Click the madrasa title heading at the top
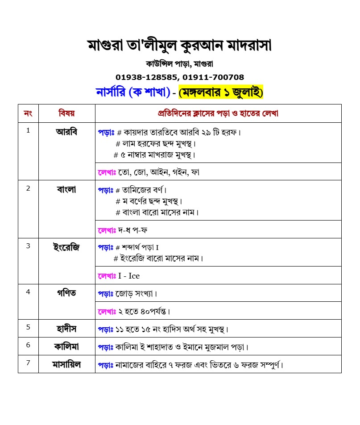pos(179,46)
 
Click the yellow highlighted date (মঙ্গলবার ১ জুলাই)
pos(221,92)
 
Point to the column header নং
pos(28,113)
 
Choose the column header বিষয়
pos(67,113)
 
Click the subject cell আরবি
pos(67,132)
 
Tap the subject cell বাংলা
pos(67,189)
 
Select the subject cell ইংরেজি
pos(67,247)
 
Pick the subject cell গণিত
pos(67,293)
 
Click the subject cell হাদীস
pos(67,329)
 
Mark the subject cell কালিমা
pos(67,346)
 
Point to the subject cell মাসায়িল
pos(67,364)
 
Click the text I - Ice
pos(129,276)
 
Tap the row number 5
pos(28,327)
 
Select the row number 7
pos(28,362)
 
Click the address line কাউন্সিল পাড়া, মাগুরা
pos(179,63)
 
